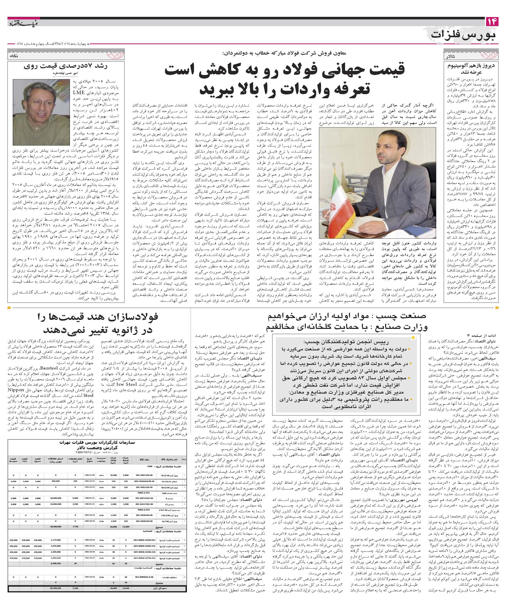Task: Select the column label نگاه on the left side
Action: [x=14, y=55]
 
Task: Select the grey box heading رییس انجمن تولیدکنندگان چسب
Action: [x=347, y=342]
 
